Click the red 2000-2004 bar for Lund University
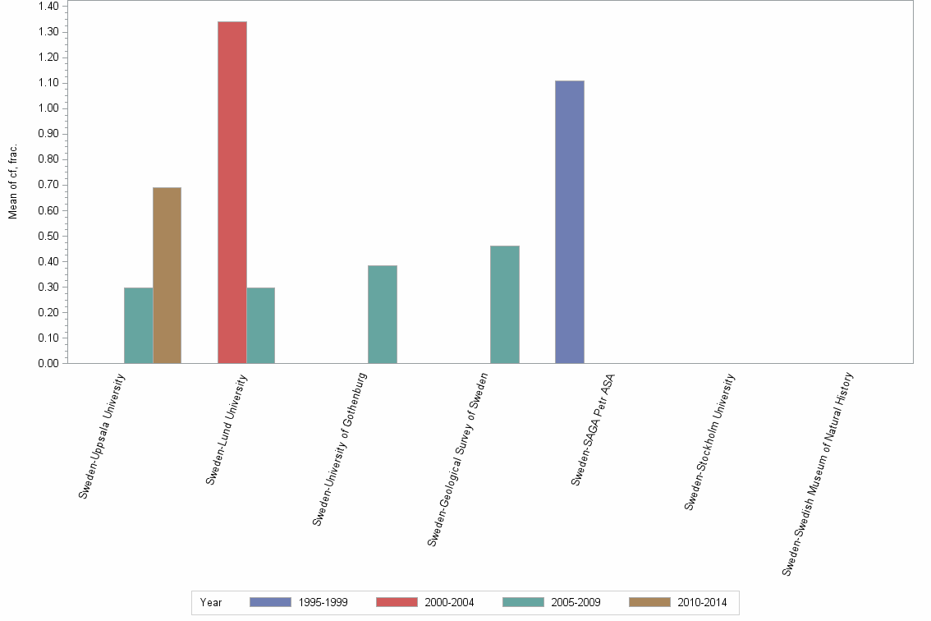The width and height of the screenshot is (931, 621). [232, 192]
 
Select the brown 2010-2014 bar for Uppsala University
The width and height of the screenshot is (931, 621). [167, 275]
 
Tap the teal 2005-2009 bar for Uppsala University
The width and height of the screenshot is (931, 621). [138, 325]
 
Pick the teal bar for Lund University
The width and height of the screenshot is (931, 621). [260, 325]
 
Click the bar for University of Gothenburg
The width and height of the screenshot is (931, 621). [383, 314]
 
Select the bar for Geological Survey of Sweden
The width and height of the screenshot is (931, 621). [504, 304]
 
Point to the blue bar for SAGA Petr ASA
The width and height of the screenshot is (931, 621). [569, 222]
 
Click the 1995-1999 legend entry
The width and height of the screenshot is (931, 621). [299, 602]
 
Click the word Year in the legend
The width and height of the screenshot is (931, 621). [210, 602]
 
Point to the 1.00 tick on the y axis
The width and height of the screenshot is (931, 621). [48, 108]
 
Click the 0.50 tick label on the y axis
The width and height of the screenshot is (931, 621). [48, 236]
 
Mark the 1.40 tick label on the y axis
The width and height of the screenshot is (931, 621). [48, 7]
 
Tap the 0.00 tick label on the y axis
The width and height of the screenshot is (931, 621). [48, 363]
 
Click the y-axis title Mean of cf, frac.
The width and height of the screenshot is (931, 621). [13, 182]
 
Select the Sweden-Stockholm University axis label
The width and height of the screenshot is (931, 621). [710, 442]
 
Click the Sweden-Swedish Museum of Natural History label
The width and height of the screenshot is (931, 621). [819, 474]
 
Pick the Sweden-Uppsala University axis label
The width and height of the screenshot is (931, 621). [103, 435]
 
